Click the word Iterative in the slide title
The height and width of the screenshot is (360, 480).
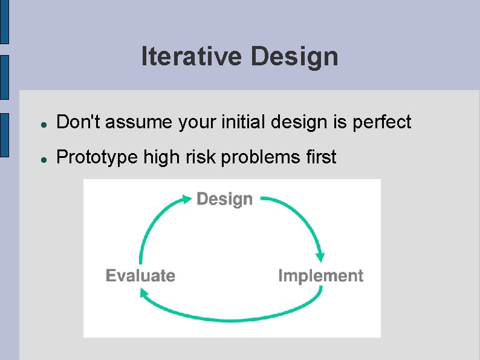tap(192, 57)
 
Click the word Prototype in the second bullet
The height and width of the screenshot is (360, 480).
tap(97, 157)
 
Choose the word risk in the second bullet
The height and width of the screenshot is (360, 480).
tap(203, 157)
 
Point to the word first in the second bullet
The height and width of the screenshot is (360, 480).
tap(321, 157)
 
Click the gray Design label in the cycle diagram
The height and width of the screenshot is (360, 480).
tap(225, 199)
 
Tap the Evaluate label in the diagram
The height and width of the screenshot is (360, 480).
tap(140, 276)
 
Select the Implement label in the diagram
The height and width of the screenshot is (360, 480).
tap(320, 276)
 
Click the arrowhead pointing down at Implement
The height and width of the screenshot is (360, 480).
tap(320, 256)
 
